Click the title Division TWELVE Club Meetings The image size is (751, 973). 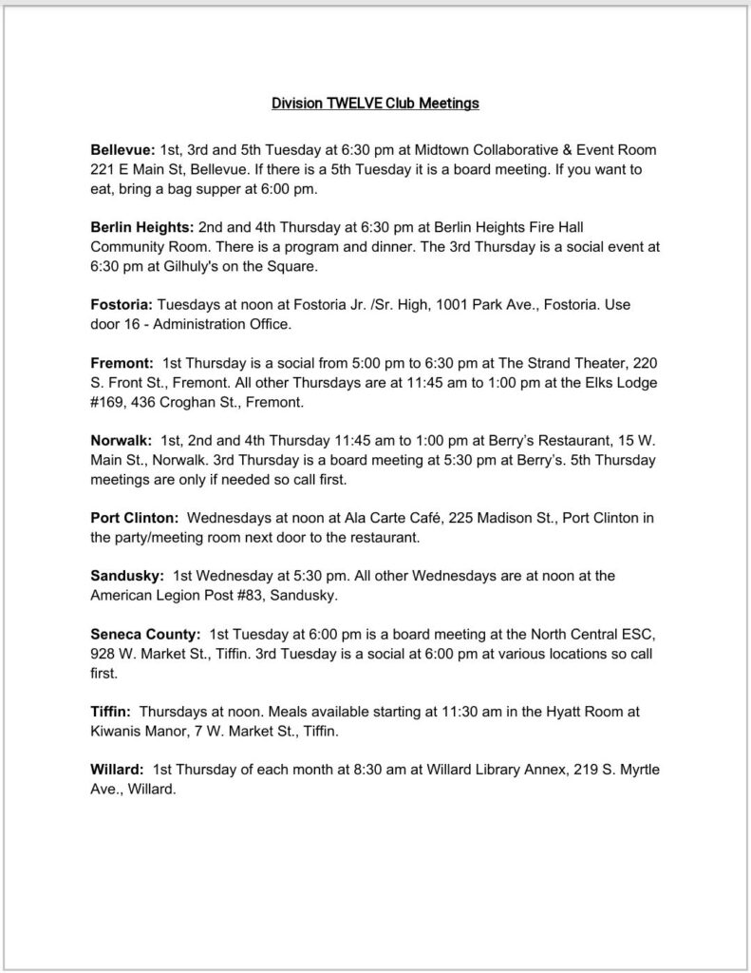(375, 104)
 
